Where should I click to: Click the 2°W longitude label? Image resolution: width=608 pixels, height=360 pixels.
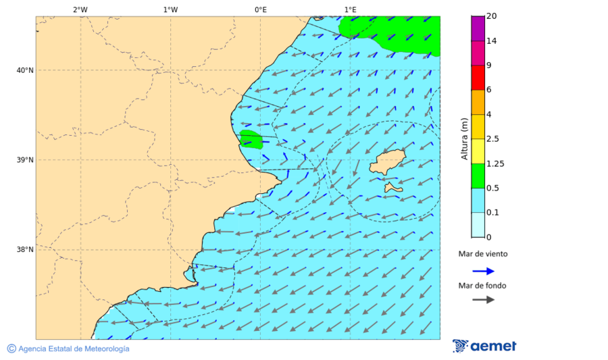coord(80,9)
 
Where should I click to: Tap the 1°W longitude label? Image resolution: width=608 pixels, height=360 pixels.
coord(170,9)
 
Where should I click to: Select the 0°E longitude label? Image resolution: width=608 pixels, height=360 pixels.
coord(260,9)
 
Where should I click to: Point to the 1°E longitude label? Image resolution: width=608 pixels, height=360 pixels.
coord(350,9)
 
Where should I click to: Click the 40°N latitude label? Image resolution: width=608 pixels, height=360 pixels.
coord(25,70)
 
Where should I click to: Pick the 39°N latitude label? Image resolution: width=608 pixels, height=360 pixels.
coord(25,160)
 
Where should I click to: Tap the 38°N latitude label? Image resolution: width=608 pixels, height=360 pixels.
coord(25,250)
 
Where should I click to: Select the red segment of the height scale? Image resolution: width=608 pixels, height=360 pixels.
coord(478,78)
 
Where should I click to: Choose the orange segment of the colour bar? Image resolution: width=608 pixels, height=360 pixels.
coord(478,102)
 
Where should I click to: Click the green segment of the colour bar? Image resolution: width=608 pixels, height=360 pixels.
coord(478,176)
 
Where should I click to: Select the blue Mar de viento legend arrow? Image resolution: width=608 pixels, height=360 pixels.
coord(483,271)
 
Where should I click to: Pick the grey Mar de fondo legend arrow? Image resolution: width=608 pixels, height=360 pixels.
coord(483,299)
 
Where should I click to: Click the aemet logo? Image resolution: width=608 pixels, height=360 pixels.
coord(484,346)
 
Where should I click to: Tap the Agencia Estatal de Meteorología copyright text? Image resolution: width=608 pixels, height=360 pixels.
coord(68,349)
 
